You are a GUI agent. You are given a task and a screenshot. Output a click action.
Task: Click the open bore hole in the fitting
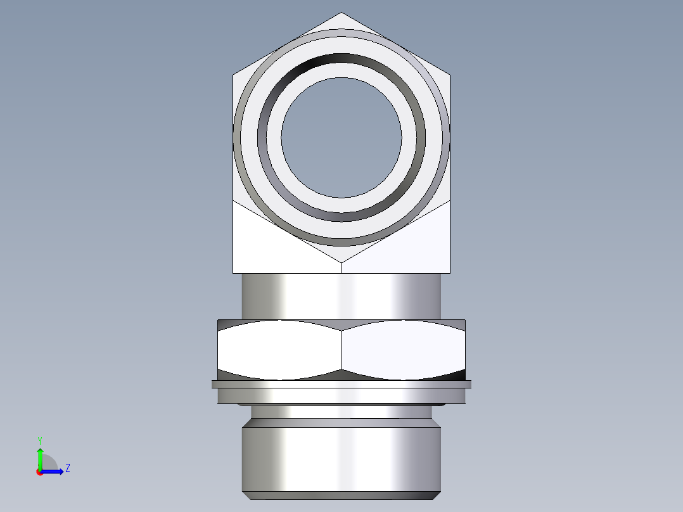(x=341, y=137)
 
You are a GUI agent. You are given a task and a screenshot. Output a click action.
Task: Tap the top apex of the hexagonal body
(x=341, y=13)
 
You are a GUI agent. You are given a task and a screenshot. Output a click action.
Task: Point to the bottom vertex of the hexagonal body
(x=341, y=262)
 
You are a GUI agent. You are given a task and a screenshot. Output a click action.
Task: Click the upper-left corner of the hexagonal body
(x=233, y=75)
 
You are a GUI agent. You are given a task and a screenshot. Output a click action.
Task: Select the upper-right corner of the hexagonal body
(x=450, y=75)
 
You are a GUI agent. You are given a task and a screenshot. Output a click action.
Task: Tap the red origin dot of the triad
(x=40, y=472)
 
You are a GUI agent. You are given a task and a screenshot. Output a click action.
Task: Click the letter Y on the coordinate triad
(x=40, y=440)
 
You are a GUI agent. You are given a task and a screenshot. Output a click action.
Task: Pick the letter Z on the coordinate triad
(x=67, y=469)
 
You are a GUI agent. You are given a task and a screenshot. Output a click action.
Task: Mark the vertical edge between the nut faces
(x=341, y=349)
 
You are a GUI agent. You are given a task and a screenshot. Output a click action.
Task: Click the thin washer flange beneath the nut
(x=341, y=383)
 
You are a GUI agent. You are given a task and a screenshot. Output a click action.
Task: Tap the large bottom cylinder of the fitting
(x=341, y=459)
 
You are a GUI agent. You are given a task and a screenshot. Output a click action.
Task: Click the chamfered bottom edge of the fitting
(x=341, y=496)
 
